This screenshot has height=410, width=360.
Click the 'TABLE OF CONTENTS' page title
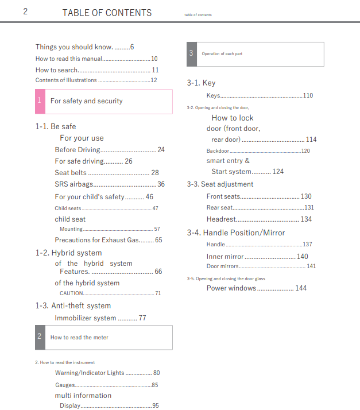point(107,13)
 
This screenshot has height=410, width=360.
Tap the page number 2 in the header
point(25,12)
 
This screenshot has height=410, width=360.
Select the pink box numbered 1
point(40,101)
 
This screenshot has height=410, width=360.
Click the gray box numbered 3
point(191,53)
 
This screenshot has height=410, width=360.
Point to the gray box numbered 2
point(40,337)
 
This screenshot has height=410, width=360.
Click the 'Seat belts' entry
point(71,172)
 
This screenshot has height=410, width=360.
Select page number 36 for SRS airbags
point(161,184)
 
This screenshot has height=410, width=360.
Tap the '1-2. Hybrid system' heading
point(68,253)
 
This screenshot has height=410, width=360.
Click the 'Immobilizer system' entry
point(86,318)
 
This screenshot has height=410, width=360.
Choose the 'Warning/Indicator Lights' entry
point(90,373)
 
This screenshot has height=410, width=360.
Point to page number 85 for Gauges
point(155,385)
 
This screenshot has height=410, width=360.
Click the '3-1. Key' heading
point(201,83)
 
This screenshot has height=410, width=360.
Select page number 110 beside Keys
point(308,95)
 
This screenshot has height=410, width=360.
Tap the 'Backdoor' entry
point(218,151)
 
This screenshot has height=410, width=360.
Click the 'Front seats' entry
point(223,196)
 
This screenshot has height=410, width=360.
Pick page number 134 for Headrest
point(306,219)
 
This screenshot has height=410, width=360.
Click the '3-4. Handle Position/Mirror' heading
point(235,233)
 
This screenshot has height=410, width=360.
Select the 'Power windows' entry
point(231,288)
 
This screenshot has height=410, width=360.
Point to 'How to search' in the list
point(56,70)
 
